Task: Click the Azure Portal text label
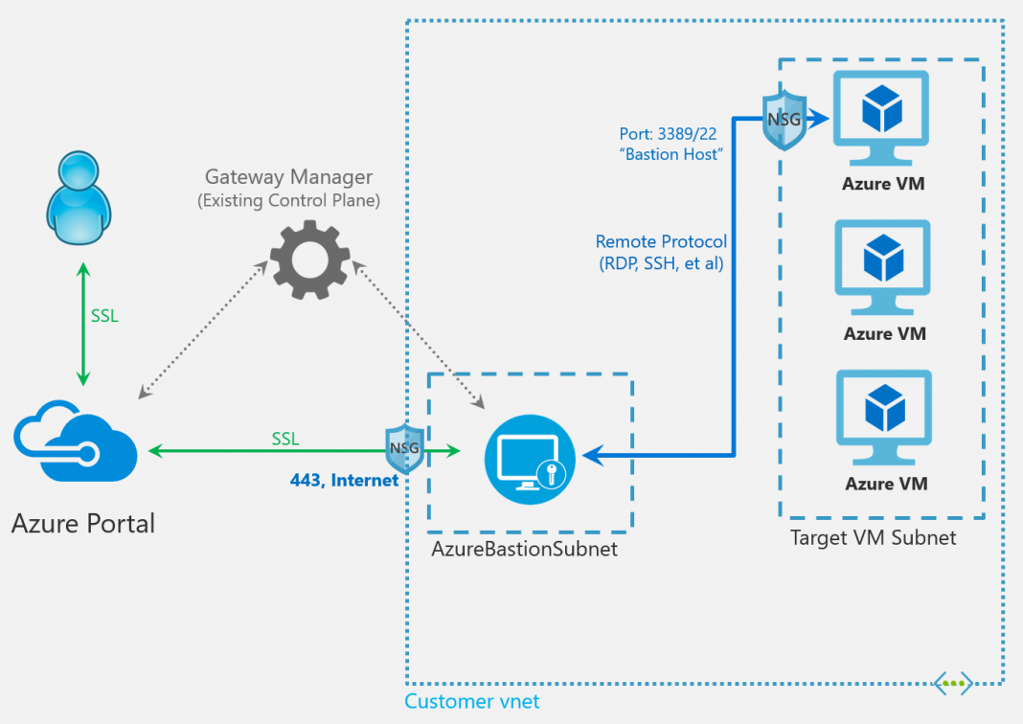point(83,523)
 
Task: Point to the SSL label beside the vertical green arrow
point(104,315)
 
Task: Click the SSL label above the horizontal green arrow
point(285,439)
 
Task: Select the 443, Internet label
point(344,481)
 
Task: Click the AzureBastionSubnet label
point(524,550)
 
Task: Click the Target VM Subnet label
point(873,537)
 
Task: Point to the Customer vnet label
point(471,702)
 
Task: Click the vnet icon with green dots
point(953,683)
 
